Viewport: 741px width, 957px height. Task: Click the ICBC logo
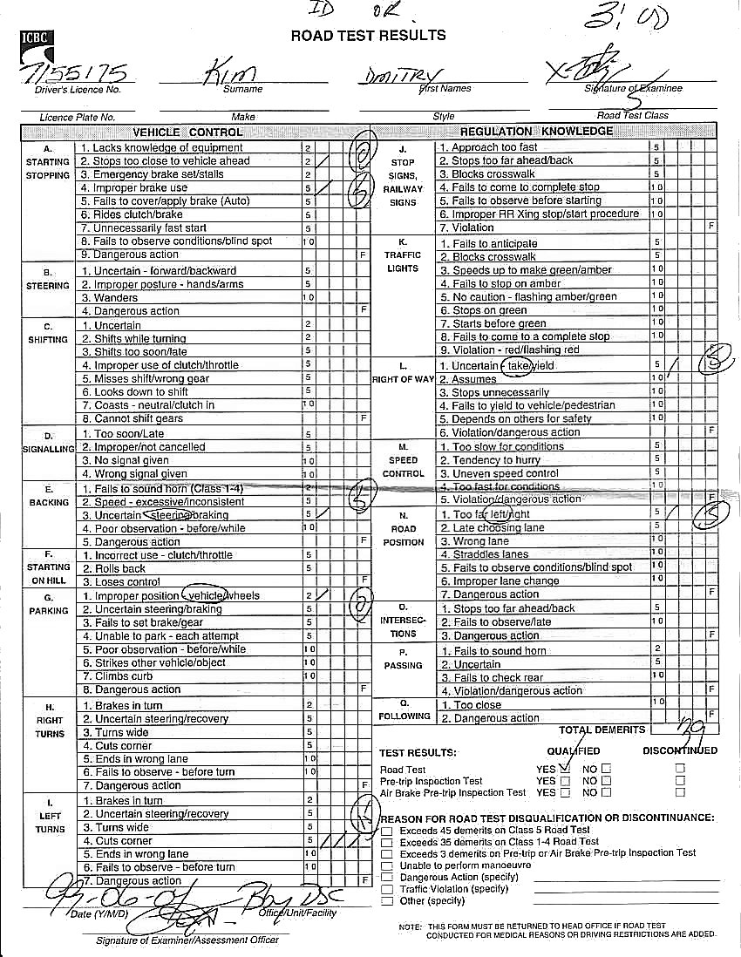point(36,39)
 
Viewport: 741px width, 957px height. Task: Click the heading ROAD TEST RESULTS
point(368,36)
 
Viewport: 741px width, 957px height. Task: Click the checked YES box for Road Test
point(565,769)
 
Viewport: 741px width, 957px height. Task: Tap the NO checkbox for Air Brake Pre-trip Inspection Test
point(607,793)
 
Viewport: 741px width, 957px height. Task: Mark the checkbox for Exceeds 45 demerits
point(387,831)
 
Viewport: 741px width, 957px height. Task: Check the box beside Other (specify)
point(387,900)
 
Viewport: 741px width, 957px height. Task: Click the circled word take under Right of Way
point(519,366)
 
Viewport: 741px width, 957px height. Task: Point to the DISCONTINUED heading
point(680,750)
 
